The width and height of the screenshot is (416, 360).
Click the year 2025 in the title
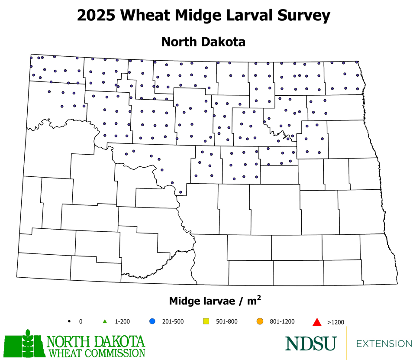click(x=97, y=16)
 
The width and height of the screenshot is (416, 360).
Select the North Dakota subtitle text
click(x=203, y=42)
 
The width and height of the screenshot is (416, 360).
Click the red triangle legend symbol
click(x=316, y=322)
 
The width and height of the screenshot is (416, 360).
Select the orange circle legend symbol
click(x=260, y=321)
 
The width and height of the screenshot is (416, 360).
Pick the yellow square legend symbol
click(x=206, y=321)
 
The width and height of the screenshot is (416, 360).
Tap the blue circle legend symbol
click(x=152, y=321)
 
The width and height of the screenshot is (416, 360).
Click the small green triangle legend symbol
click(x=105, y=321)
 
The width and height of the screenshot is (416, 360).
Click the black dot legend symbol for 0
click(x=69, y=321)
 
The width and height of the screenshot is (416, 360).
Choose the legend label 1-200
click(x=123, y=321)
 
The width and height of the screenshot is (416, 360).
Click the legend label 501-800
click(x=226, y=321)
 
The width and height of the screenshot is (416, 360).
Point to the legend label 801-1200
click(x=282, y=321)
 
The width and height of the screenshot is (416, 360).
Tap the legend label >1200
click(x=335, y=322)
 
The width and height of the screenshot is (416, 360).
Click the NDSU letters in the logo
click(x=310, y=343)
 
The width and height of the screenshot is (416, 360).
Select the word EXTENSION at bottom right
click(x=384, y=344)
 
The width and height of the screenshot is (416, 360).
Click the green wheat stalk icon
click(x=28, y=342)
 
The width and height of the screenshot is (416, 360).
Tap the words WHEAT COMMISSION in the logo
click(x=96, y=352)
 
